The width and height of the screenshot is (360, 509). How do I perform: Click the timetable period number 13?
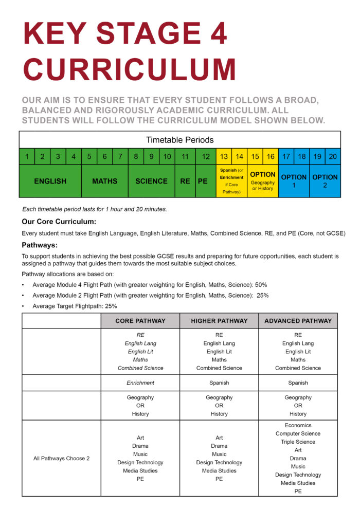pos(224,156)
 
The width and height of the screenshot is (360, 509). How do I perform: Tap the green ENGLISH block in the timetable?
pos(50,181)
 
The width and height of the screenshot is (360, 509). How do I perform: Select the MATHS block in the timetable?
pos(104,181)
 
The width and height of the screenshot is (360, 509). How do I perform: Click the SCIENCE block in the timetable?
pos(151,181)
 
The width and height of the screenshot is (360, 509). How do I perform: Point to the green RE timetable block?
pos(185,181)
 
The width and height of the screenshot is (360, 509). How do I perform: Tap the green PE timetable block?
pos(203,181)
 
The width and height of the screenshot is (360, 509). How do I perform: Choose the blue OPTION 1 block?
pos(294,181)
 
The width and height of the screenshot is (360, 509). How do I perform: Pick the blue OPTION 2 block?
pos(325,181)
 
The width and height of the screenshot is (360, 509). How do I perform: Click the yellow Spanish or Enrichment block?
pos(231,181)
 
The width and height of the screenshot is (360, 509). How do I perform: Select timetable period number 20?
pos(333,156)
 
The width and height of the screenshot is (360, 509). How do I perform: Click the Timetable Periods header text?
pos(179,140)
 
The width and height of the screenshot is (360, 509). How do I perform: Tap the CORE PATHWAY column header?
pos(140,321)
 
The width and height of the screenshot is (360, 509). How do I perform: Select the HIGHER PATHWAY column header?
pos(219,321)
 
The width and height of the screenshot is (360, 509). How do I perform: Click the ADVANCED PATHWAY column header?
pos(298,321)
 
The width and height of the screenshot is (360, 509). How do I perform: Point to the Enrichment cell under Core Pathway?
pos(140,383)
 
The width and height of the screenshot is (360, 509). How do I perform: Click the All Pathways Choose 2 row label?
pos(61,459)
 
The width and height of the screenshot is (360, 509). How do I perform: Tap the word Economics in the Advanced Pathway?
pos(298,426)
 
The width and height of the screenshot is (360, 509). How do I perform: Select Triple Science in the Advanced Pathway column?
pos(298,442)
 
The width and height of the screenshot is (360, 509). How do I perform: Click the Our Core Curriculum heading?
pos(59,222)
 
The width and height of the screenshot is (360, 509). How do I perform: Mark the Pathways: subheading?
pos(40,245)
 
